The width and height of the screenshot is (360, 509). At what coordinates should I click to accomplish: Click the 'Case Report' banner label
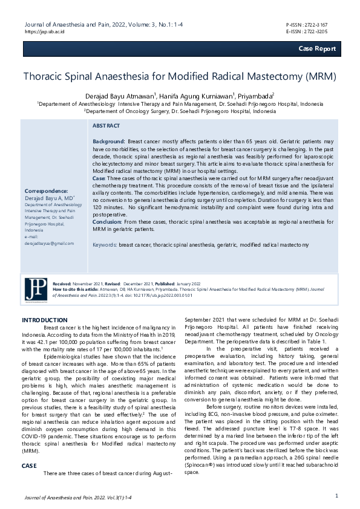tap(316, 48)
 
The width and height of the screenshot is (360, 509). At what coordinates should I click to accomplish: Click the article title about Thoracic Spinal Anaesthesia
tap(180, 77)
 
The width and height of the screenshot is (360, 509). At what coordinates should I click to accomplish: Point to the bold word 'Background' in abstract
tap(108, 140)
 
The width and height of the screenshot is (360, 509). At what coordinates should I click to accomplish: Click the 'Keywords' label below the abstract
tap(104, 245)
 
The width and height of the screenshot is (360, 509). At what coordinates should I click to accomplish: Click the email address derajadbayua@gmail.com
tap(49, 243)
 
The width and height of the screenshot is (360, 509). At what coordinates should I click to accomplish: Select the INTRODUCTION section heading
tap(45, 320)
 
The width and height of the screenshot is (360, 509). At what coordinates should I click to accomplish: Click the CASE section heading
tap(29, 466)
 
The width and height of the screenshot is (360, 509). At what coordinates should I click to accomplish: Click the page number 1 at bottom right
tap(336, 496)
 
